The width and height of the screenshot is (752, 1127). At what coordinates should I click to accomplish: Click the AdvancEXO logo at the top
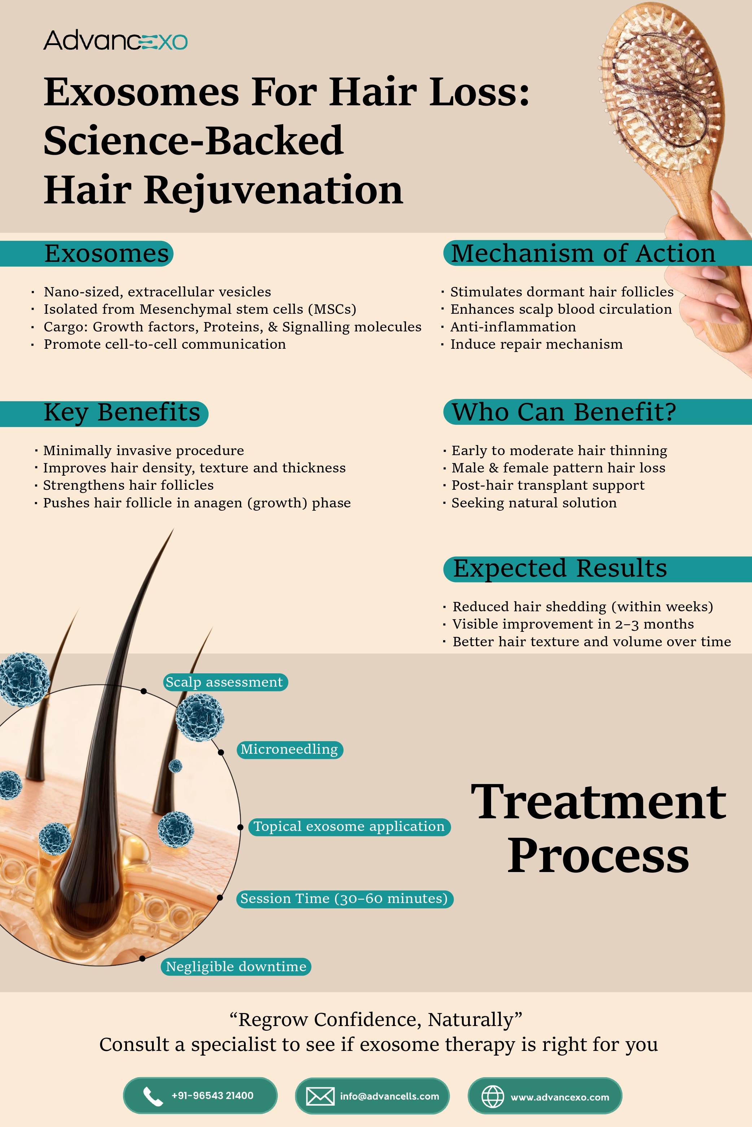click(x=115, y=41)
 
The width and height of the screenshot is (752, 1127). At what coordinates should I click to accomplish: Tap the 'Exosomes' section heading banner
click(x=86, y=254)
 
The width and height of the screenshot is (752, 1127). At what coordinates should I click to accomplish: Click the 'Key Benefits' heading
click(x=104, y=413)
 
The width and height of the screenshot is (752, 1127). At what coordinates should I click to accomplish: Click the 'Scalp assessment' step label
click(x=225, y=682)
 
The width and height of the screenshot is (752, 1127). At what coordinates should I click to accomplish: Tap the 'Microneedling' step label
click(x=290, y=750)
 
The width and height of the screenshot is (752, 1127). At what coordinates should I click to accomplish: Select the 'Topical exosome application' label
click(x=350, y=827)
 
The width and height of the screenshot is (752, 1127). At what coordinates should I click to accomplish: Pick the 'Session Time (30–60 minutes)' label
click(x=344, y=899)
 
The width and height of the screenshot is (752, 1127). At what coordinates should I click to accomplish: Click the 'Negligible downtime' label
click(x=236, y=967)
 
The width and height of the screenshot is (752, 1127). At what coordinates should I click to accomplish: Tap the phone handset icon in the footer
click(x=153, y=1096)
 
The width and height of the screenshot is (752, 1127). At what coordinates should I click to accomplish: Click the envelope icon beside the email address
click(x=320, y=1096)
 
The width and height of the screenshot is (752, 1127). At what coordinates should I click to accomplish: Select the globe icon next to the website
click(x=493, y=1097)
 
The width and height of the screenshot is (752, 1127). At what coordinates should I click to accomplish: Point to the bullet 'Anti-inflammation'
click(x=513, y=327)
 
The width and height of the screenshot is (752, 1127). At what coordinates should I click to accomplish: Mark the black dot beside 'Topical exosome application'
click(x=241, y=827)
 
